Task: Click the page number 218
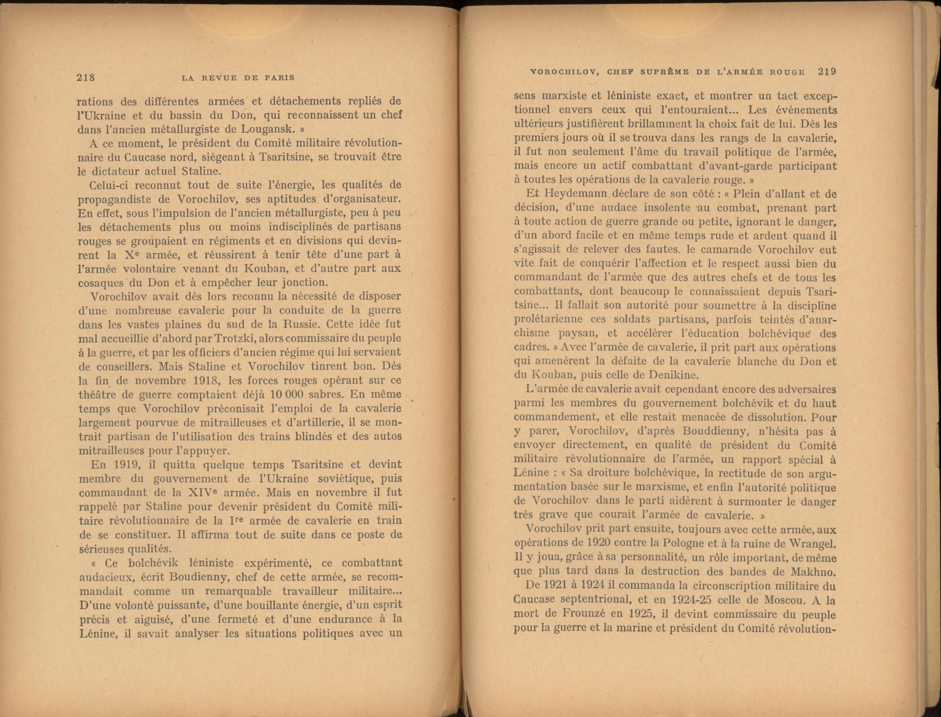click(85, 78)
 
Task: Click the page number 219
click(827, 72)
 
